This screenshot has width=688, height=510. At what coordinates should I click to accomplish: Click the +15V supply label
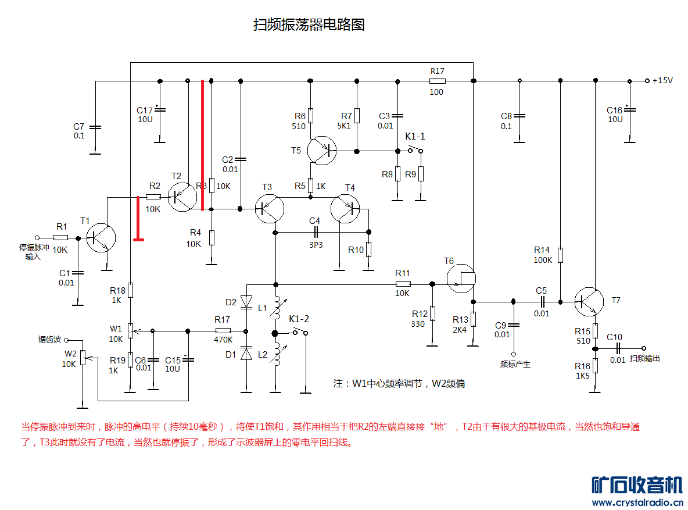click(662, 81)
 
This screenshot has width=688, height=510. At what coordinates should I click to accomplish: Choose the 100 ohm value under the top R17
click(436, 92)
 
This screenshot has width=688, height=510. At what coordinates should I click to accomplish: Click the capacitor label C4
click(314, 221)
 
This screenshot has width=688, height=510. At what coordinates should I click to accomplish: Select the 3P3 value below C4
click(316, 245)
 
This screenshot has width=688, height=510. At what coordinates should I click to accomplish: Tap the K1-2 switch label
click(299, 319)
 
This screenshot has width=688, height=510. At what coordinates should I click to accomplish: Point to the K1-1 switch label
click(415, 136)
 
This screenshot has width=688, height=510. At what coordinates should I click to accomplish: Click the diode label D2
click(231, 302)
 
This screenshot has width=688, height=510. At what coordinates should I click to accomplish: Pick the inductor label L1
click(263, 308)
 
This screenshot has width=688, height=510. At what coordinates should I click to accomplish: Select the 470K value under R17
click(223, 340)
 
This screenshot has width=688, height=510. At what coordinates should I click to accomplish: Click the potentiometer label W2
click(70, 353)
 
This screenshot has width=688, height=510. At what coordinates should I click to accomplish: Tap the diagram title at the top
click(309, 25)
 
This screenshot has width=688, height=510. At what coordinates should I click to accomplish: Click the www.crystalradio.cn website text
click(637, 502)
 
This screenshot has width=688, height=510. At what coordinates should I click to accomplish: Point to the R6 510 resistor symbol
click(311, 115)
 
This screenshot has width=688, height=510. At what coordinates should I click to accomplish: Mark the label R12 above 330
click(420, 314)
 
